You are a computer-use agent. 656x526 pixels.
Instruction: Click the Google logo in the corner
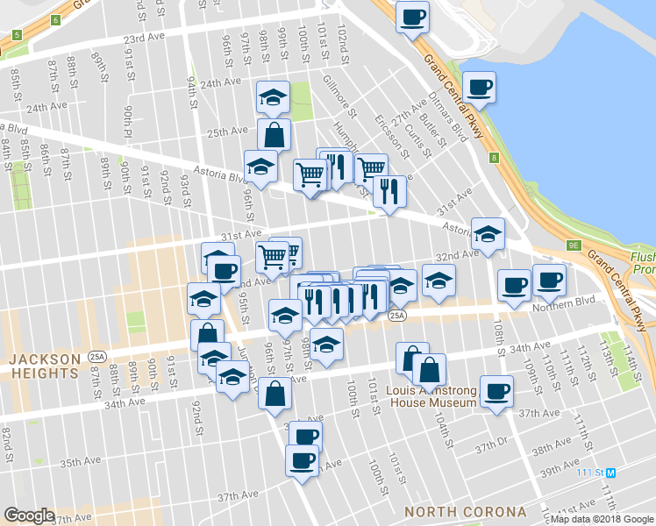pos(30,515)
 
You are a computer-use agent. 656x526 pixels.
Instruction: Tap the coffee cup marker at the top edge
pos(412,16)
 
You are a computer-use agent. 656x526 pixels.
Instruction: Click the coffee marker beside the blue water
pos(479,87)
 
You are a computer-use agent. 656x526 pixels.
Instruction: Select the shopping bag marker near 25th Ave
pos(274,134)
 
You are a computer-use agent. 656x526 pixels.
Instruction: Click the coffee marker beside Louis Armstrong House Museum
pos(497,390)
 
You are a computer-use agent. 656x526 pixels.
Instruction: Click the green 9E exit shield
pos(575,246)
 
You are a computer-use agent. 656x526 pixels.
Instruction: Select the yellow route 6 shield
pos(56,19)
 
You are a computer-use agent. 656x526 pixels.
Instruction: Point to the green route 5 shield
pos(17,36)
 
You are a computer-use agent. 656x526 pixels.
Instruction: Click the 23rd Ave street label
pos(144,39)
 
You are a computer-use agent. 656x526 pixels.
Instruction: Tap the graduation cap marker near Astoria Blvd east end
pos(488,233)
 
